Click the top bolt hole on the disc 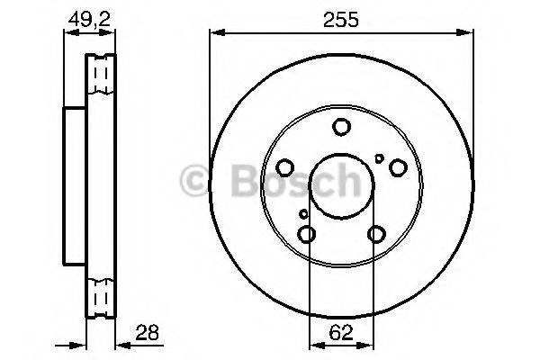pos(341,127)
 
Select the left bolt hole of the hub pos(284,167)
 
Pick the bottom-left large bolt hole pos(306,235)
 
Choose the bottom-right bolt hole pos(376,235)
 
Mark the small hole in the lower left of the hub pos(303,214)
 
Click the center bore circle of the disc pos(341,187)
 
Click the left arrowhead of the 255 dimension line pos(214,34)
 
